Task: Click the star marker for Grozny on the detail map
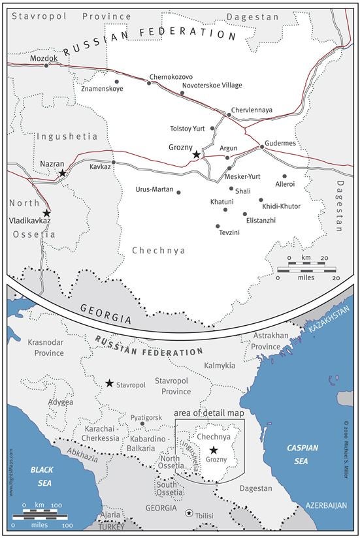tap(196, 155)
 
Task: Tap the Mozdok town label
tap(44, 58)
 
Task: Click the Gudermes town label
tap(280, 142)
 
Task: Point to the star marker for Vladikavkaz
tap(46, 213)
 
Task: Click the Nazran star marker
tap(62, 173)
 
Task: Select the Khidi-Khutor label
tap(281, 206)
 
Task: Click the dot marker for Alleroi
tap(285, 176)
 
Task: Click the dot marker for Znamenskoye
tap(117, 82)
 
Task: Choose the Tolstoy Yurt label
tap(188, 129)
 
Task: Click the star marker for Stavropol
tap(109, 383)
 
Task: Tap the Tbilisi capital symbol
tap(189, 513)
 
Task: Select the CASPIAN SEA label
tap(303, 454)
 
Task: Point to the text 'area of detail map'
tap(209, 413)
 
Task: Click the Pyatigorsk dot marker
tap(142, 424)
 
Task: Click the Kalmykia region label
tap(220, 366)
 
